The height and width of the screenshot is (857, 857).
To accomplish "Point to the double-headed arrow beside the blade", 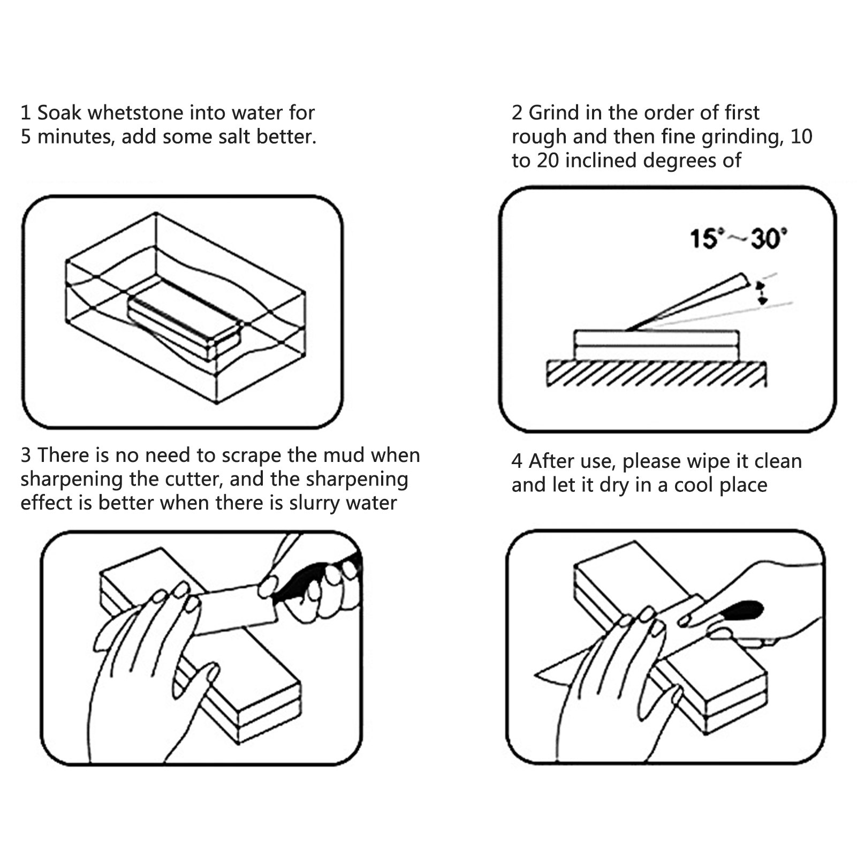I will tap(761, 293).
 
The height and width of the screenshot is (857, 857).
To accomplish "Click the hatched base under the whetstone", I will tap(656, 374).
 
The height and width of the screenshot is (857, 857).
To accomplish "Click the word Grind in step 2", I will tap(551, 113).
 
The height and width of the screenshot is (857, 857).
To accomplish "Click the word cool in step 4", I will tap(694, 485).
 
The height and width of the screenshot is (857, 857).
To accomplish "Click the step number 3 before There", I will tap(26, 456).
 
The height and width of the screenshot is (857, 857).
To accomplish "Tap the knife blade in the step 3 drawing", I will tap(236, 610).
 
